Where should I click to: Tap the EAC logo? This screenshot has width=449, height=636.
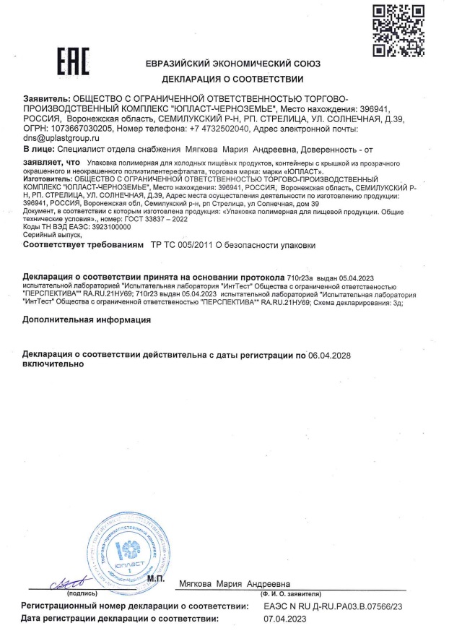(x=73, y=63)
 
